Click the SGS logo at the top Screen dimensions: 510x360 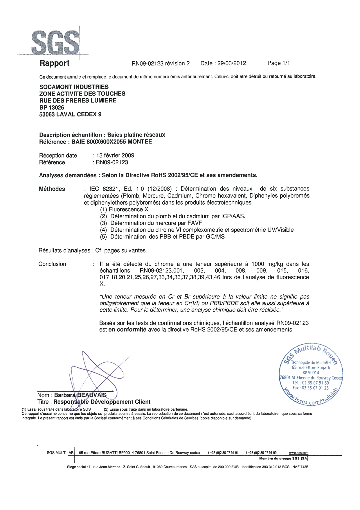pos(55,43)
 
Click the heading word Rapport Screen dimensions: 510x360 pos(54,63)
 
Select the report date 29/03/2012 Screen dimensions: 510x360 pos(231,63)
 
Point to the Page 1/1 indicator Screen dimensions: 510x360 pos(278,63)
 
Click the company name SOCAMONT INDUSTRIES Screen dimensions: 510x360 pos(74,87)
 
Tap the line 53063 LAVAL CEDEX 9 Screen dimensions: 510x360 pos(70,114)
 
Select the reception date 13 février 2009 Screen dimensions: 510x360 pos(115,155)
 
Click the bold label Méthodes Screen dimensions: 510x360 pos(52,189)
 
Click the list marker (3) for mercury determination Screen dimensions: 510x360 pos(104,223)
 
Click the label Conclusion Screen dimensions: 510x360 pos(52,264)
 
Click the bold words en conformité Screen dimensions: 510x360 pos(127,330)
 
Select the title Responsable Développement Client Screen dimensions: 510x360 pos(102,402)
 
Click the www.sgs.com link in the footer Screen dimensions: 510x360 pos(298,453)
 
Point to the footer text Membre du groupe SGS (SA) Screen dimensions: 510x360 pos(283,459)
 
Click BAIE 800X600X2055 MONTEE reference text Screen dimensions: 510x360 pos(112,142)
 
